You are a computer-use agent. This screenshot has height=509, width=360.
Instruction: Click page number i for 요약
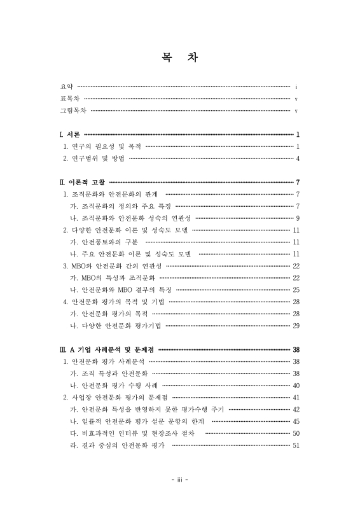[x=297, y=86]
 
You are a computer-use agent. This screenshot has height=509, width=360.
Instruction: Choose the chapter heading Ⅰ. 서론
[x=69, y=134]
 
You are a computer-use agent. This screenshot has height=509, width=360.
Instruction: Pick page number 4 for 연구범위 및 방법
[x=297, y=158]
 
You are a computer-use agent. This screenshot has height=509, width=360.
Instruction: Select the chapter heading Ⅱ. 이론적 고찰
[x=83, y=182]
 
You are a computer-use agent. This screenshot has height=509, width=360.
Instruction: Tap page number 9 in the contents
[x=297, y=218]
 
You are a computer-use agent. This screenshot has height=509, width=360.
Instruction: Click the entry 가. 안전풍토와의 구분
[x=104, y=242]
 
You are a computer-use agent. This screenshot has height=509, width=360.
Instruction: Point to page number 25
[x=296, y=289]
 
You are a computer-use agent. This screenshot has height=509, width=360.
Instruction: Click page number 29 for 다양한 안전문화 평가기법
[x=296, y=326]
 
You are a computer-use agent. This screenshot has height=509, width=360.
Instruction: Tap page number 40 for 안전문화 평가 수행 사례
[x=296, y=386]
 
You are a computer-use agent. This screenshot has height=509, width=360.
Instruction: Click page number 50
[x=296, y=433]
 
